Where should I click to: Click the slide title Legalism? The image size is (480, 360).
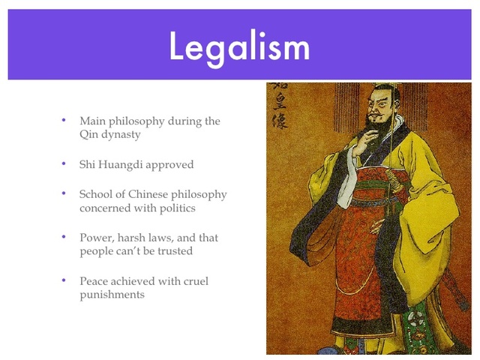coord(239,46)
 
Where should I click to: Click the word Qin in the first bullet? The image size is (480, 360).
coord(89,135)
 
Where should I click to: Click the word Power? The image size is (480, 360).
coord(95,237)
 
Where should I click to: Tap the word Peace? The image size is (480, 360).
coord(94,280)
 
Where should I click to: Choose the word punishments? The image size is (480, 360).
coord(112,295)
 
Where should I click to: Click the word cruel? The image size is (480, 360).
coord(193,280)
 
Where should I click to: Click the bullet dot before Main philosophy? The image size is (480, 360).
coord(64,120)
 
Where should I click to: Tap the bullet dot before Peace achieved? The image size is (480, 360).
coord(64,280)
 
